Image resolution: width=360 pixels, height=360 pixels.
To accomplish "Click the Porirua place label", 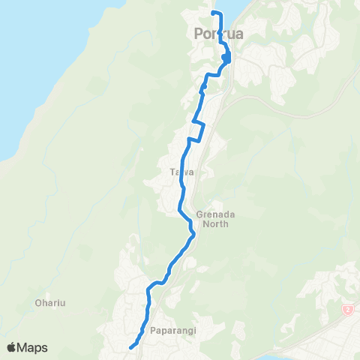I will click(x=218, y=34).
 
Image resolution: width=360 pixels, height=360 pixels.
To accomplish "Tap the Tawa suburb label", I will click(x=182, y=172).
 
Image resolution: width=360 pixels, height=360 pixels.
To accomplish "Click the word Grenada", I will click(x=211, y=213).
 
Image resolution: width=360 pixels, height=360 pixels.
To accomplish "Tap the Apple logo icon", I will click(x=13, y=347).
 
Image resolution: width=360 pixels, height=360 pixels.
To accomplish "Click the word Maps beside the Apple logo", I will click(x=34, y=347).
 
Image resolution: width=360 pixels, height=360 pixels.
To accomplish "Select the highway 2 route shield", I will click(x=348, y=309).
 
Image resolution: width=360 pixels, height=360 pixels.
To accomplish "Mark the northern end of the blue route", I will click(x=213, y=13).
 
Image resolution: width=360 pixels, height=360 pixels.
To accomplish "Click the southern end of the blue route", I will click(x=130, y=346).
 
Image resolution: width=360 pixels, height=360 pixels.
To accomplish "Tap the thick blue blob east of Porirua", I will click(x=226, y=58).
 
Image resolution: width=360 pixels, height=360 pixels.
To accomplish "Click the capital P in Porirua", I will click(x=198, y=34).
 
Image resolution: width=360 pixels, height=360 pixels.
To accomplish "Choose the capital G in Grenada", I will click(x=199, y=213).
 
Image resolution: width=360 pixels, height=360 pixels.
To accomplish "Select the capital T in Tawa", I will click(x=173, y=172).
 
